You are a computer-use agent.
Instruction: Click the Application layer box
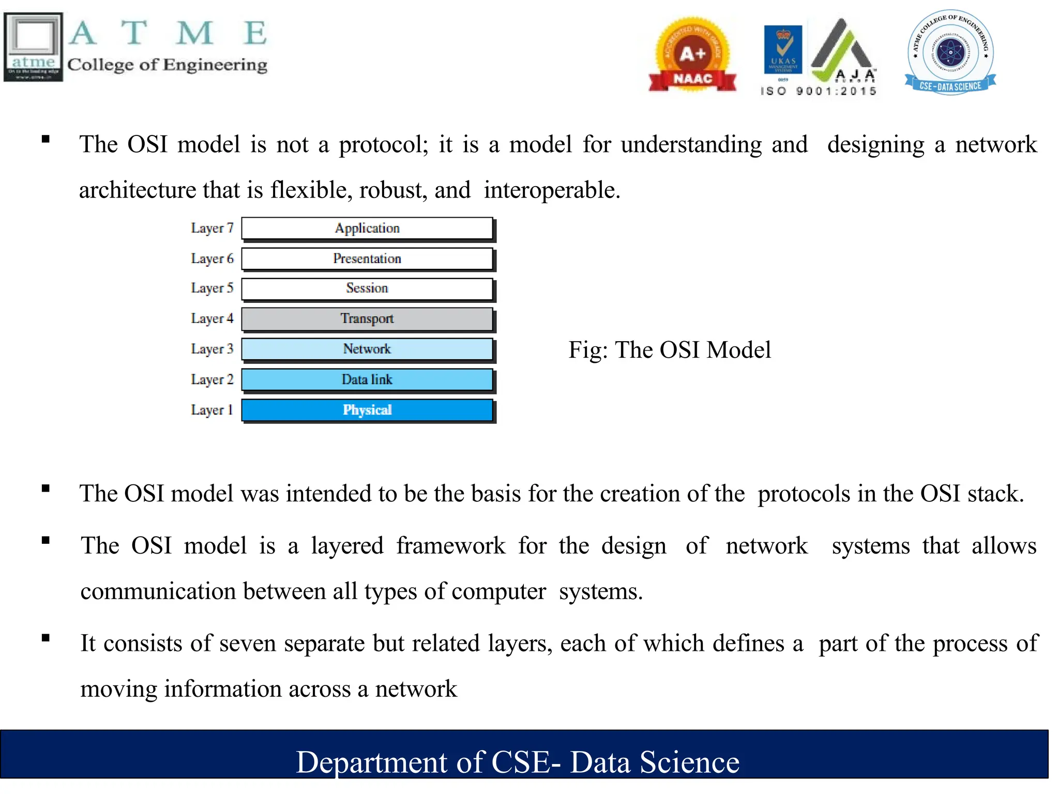pos(367,228)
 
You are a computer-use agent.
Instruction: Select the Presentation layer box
pos(367,258)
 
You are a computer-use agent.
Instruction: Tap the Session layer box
pos(367,288)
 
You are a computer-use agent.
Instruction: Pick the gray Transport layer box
pos(367,318)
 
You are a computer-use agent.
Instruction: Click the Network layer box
pos(367,349)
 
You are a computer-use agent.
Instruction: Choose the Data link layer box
pos(367,379)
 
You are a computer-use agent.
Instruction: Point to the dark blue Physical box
pos(367,410)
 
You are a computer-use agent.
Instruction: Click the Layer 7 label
pos(212,228)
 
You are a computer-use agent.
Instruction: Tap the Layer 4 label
pos(212,318)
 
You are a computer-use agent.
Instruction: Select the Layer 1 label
pos(212,410)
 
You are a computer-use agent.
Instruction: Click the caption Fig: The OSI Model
pos(670,350)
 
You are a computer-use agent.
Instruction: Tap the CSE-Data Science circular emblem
pos(950,52)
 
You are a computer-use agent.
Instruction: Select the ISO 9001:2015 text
pos(819,91)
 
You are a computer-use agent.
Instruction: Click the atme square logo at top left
pos(34,47)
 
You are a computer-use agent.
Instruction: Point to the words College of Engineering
pos(167,65)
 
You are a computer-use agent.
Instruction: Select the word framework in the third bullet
pos(450,546)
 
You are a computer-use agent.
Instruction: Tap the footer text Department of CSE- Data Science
pos(518,762)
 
